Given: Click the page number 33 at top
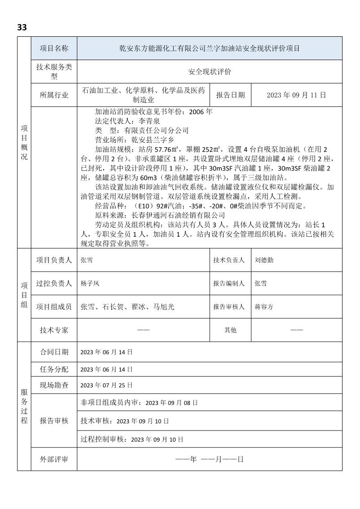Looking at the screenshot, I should pyautogui.click(x=22, y=27).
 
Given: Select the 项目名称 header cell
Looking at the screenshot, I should pyautogui.click(x=54, y=48).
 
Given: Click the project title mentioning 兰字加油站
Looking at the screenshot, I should pyautogui.click(x=210, y=48).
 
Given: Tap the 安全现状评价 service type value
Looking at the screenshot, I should pyautogui.click(x=210, y=72).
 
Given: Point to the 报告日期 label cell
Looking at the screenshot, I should pyautogui.click(x=230, y=95).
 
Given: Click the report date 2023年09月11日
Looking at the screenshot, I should pyautogui.click(x=296, y=95).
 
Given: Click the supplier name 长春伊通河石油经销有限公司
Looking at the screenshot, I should pyautogui.click(x=175, y=215).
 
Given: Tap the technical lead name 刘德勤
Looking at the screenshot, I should pyautogui.click(x=264, y=260).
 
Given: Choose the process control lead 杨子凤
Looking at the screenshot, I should pyautogui.click(x=90, y=283).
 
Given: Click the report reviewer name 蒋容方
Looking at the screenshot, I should pyautogui.click(x=264, y=307).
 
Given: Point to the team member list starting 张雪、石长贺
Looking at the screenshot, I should pyautogui.click(x=127, y=307).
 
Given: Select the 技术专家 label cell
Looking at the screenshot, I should pyautogui.click(x=54, y=330).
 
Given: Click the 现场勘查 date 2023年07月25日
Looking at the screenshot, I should pyautogui.click(x=107, y=385).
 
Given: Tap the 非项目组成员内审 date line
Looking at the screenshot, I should pyautogui.click(x=139, y=403).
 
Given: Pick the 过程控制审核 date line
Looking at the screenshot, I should pyautogui.click(x=132, y=439).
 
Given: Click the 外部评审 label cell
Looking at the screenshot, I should pyautogui.click(x=54, y=460).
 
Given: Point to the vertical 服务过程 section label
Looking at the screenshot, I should pyautogui.click(x=24, y=406).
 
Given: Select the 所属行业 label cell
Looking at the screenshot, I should pyautogui.click(x=54, y=95).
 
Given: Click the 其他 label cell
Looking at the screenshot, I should pyautogui.click(x=230, y=330).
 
